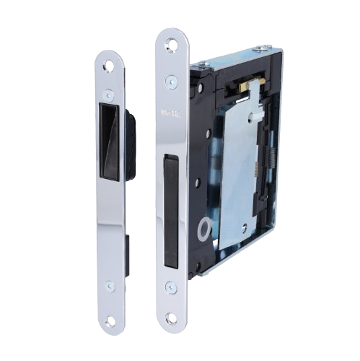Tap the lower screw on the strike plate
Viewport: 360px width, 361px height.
[109, 286]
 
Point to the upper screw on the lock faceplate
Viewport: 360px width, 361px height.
[171, 81]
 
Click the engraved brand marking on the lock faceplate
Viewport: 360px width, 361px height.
[171, 113]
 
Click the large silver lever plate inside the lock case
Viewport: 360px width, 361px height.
[237, 166]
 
